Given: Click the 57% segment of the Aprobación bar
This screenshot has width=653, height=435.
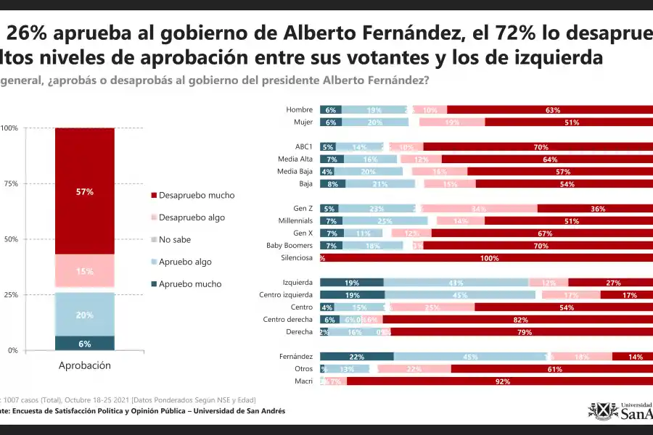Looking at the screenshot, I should [x=84, y=191].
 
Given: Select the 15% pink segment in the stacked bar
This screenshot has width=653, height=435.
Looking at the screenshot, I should [x=84, y=271].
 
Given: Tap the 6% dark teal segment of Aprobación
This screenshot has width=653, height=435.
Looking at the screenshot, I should [x=84, y=344].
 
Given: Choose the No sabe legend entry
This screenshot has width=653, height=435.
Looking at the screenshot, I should [x=176, y=240].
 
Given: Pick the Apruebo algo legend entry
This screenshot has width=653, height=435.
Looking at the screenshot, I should [x=185, y=262].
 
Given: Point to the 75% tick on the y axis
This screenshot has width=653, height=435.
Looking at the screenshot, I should [x=10, y=183].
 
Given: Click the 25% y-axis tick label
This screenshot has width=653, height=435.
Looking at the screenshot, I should [x=10, y=295].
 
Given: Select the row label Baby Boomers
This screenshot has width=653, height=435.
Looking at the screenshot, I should [x=289, y=245].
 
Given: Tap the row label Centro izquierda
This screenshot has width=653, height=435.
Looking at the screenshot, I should [x=286, y=294].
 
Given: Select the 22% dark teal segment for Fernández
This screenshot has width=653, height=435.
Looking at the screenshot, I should [x=356, y=356].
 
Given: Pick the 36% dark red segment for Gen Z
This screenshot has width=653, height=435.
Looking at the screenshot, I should [x=595, y=208].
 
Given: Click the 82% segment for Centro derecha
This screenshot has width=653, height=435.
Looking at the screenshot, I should [x=518, y=319].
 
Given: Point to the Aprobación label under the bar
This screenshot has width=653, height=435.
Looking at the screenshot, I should [x=84, y=365].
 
